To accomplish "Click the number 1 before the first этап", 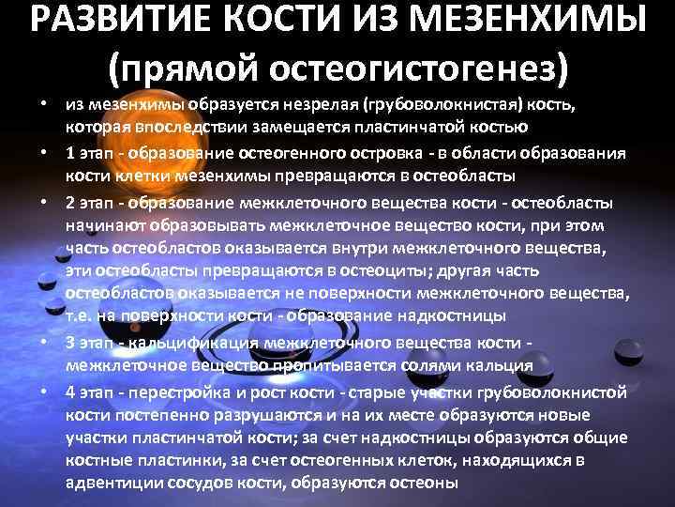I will pyautogui.click(x=71, y=153).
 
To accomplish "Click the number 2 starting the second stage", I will pyautogui.click(x=71, y=204).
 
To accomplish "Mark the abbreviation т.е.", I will pyautogui.click(x=82, y=315).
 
